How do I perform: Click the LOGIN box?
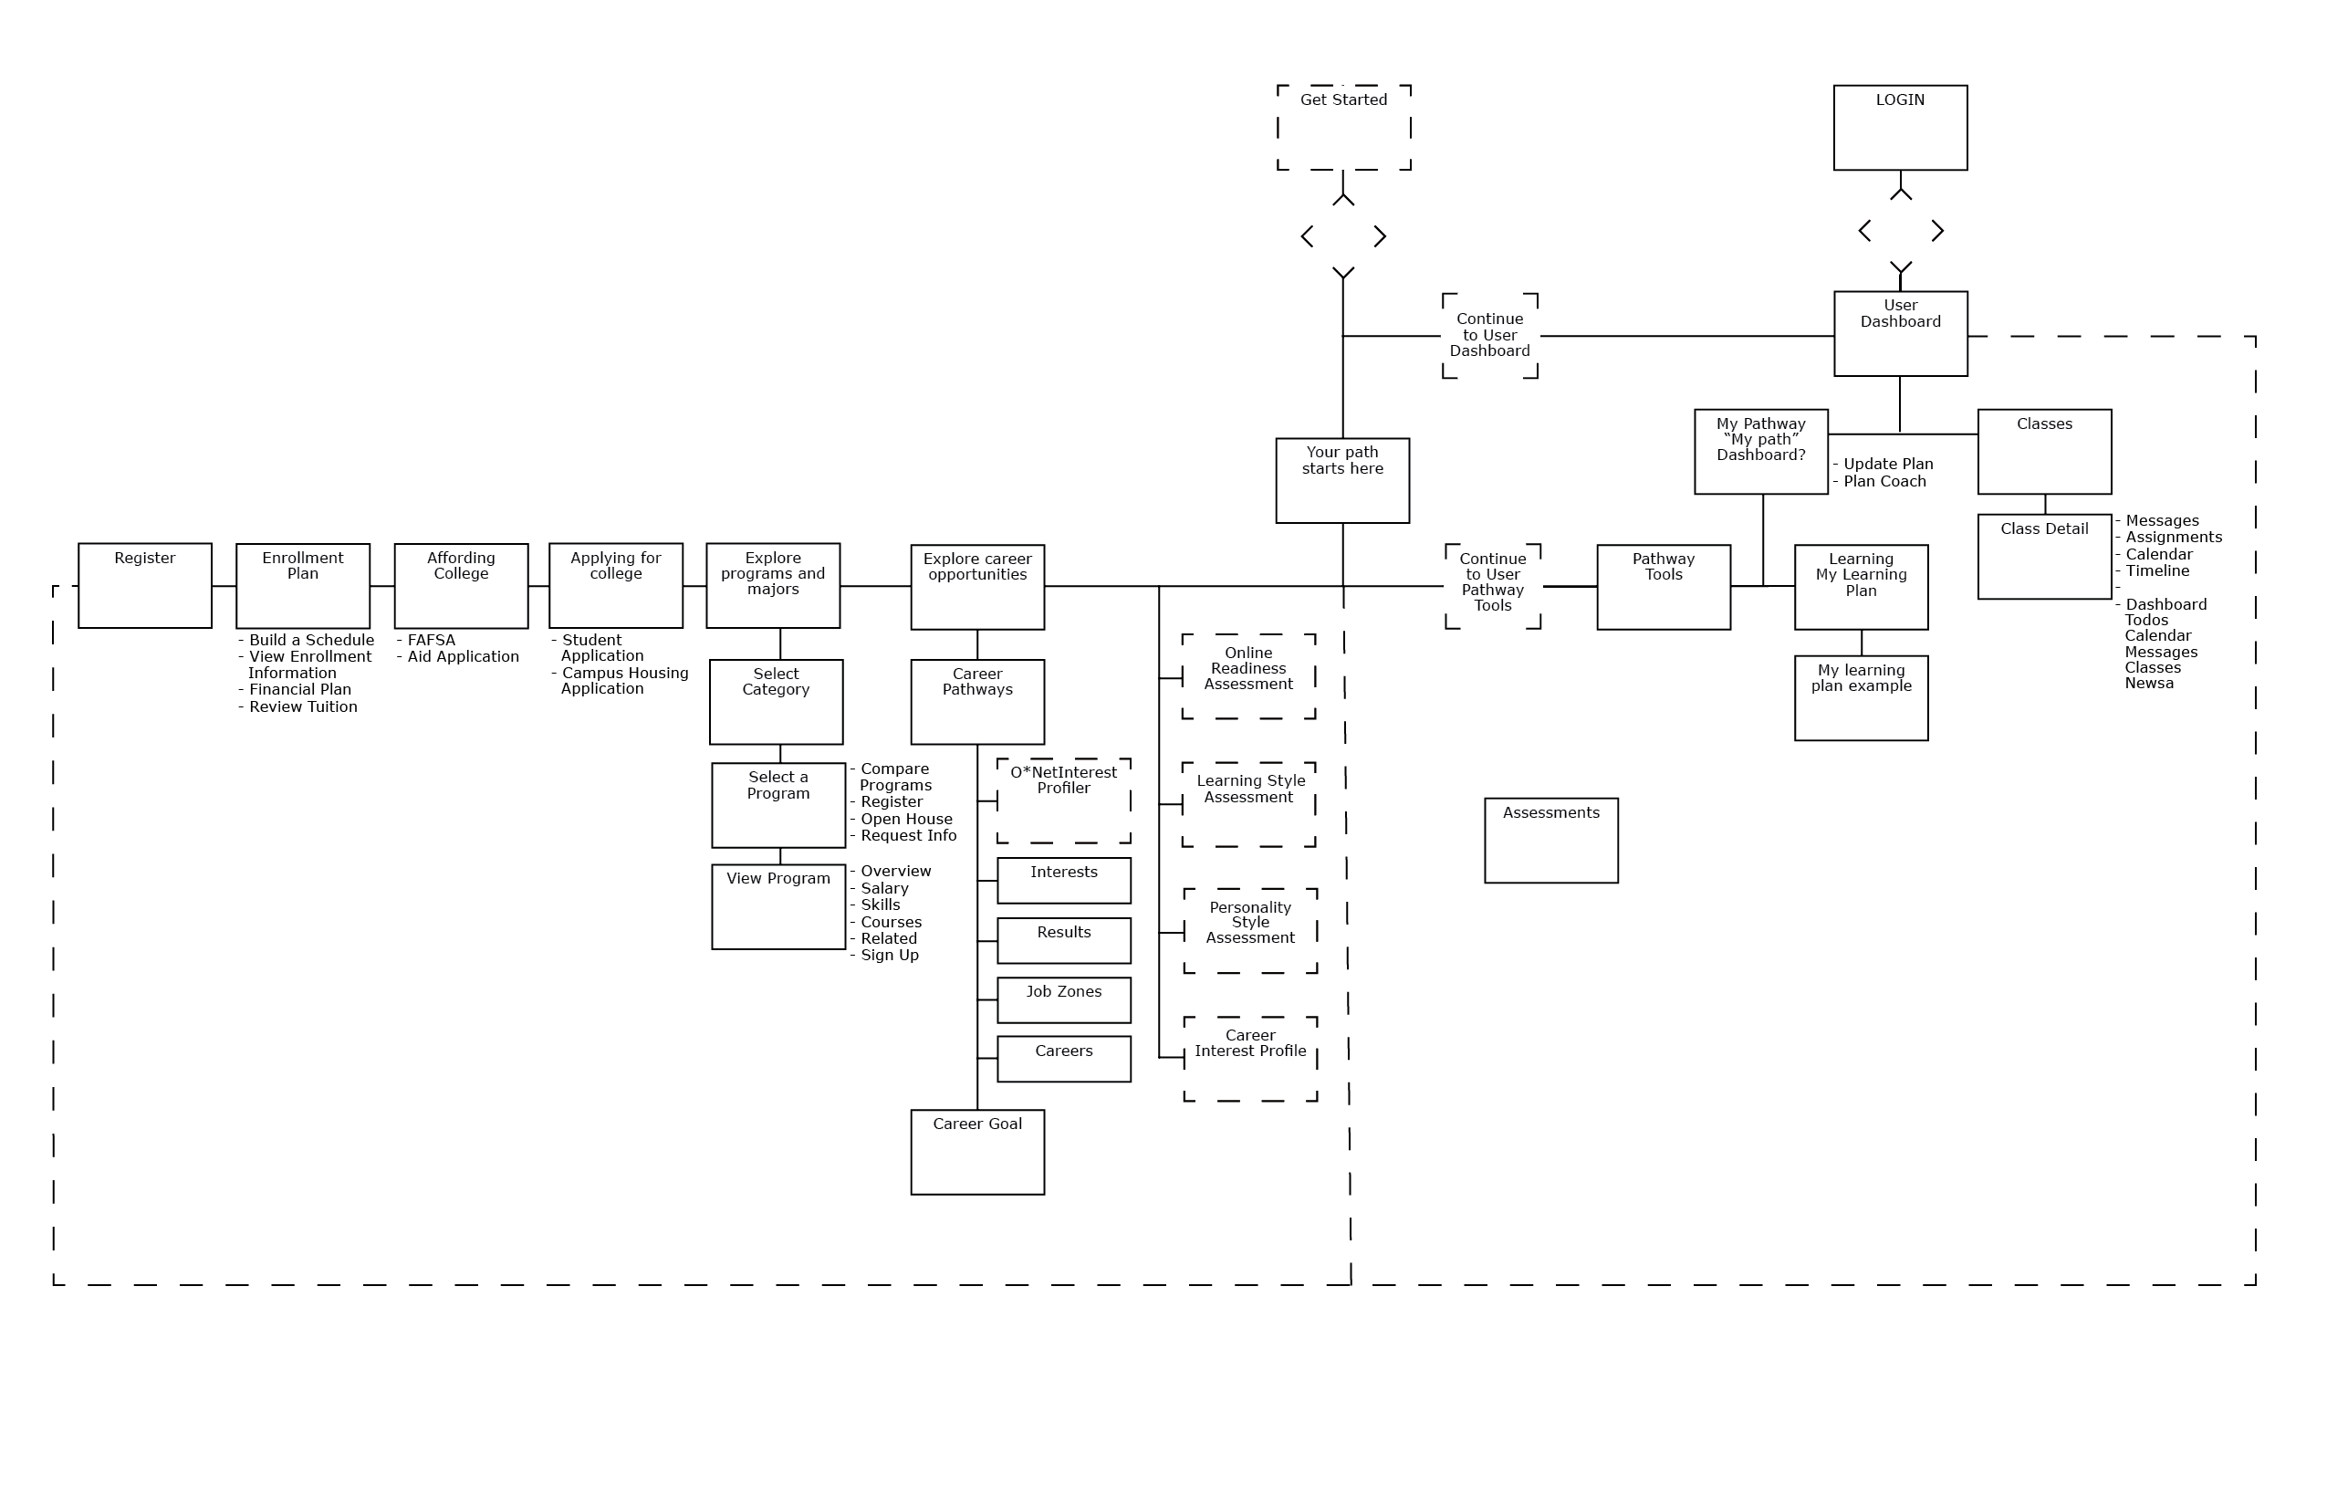tap(1900, 127)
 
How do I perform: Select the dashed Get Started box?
tap(1343, 127)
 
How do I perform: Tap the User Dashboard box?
tap(1900, 333)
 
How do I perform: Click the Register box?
tap(145, 585)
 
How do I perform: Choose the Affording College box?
tap(461, 585)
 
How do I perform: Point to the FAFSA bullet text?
tap(431, 641)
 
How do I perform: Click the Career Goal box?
tap(976, 1151)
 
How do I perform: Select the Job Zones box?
tap(1064, 999)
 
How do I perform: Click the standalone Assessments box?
tap(1550, 840)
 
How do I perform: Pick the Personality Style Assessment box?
tap(1249, 930)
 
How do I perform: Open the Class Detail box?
tap(2044, 557)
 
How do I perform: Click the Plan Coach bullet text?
tap(1884, 481)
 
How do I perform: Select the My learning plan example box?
tap(1861, 697)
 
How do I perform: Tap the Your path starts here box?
tap(1342, 480)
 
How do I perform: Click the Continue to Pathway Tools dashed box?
tap(1492, 585)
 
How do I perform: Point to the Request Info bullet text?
tap(907, 835)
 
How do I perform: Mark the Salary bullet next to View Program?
tap(884, 888)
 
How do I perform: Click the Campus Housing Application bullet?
tap(624, 681)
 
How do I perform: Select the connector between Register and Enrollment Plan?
tap(224, 586)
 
